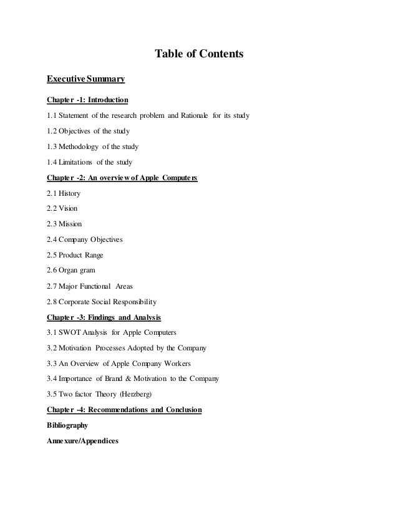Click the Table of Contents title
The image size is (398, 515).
click(x=199, y=55)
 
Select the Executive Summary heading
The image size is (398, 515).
click(x=86, y=79)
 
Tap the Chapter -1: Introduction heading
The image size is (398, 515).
click(x=88, y=100)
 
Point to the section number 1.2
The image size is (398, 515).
click(x=53, y=131)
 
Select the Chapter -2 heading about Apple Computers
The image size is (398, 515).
click(x=122, y=178)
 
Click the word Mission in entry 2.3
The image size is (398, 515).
click(x=72, y=224)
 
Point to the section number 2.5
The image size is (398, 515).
click(x=53, y=255)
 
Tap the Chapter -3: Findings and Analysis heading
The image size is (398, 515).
click(x=104, y=317)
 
